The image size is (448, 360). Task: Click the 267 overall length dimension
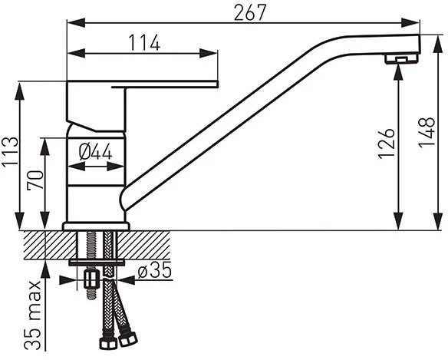pos(250,13)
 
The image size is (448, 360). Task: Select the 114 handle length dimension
pos(144,43)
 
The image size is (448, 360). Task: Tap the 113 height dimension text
pos(10,151)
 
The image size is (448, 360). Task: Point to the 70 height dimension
pos(35,180)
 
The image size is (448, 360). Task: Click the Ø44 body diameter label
pos(95,151)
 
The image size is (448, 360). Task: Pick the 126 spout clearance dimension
pos(387,144)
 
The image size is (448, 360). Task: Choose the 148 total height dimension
pos(427,132)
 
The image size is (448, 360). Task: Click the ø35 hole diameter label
pos(154,270)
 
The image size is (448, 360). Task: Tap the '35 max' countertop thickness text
pos(32,315)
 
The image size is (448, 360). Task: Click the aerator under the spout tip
pos(400,59)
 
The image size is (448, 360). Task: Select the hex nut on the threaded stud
pos(91,279)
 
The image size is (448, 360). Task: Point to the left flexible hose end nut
pos(107,343)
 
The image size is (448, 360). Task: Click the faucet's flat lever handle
pos(165,84)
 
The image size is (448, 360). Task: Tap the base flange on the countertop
pos(96,226)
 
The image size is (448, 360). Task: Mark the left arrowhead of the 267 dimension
pos(76,23)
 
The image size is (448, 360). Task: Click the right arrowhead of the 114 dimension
pos(209,54)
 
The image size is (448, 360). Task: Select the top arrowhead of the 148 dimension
pos(438,44)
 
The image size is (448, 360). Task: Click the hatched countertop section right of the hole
pos(143,245)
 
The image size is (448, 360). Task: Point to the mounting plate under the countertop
pos(97,263)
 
